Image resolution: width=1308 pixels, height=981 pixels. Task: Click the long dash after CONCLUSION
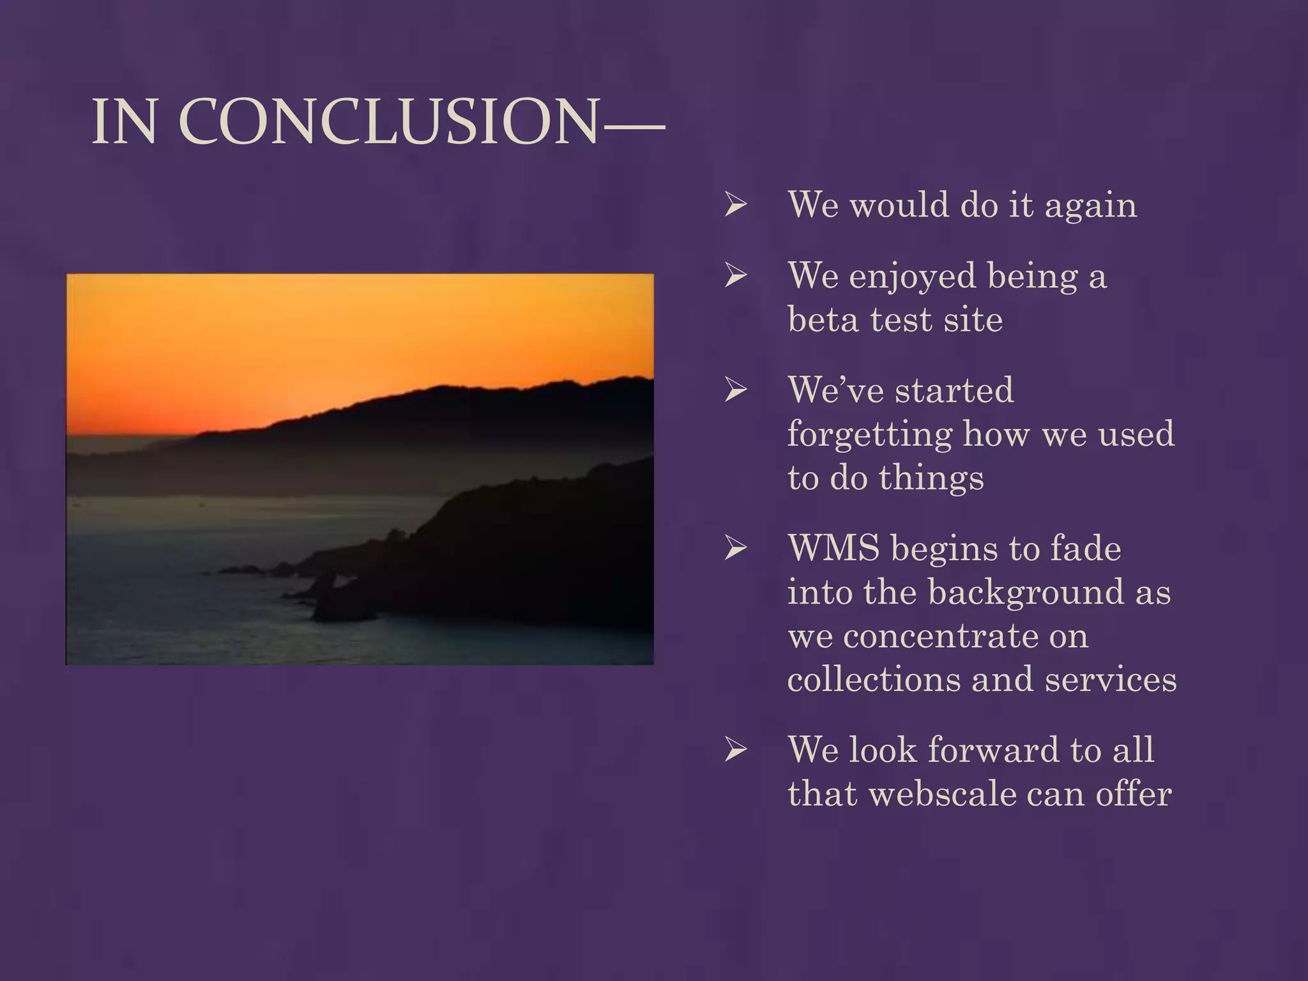click(634, 125)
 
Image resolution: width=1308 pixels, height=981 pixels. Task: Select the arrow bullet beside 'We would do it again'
click(736, 205)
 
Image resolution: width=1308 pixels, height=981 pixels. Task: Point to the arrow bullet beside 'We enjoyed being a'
click(736, 276)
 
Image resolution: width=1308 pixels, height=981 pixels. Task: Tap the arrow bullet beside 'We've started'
click(736, 390)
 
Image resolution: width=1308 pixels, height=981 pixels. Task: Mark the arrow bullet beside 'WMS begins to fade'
click(736, 548)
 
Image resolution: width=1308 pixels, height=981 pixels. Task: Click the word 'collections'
click(873, 678)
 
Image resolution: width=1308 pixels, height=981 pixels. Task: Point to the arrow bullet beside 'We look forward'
click(736, 750)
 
